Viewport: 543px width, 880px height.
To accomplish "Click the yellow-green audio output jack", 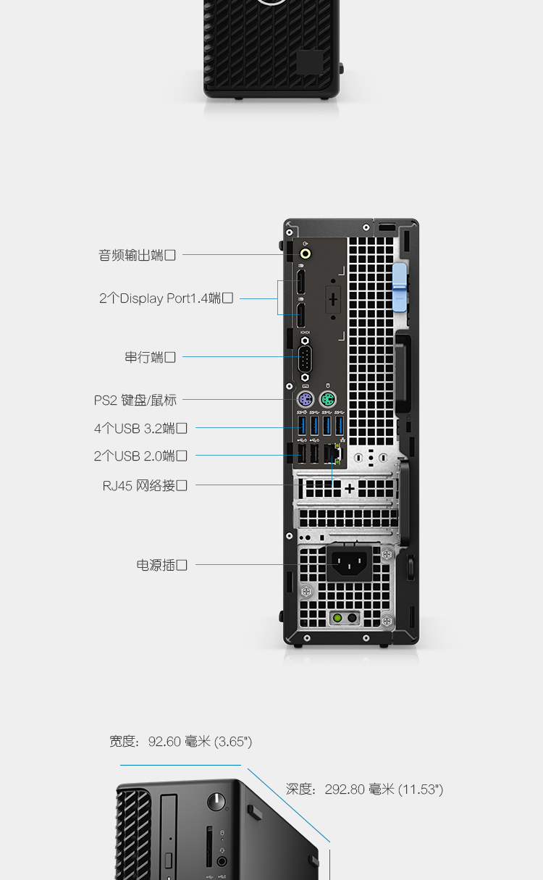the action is point(306,253).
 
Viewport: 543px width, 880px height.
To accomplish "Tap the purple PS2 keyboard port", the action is point(306,400).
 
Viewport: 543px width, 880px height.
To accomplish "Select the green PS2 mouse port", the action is point(328,400).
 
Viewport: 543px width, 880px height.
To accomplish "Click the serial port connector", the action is point(305,359).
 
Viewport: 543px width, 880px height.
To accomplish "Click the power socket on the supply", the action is point(349,563).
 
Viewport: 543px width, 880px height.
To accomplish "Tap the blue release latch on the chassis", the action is point(400,288).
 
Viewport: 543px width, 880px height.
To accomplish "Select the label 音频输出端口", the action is point(137,256).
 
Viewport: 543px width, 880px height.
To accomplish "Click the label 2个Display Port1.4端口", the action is point(166,298).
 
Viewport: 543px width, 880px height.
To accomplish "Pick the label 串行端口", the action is point(150,357).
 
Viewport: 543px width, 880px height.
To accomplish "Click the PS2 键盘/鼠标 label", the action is point(135,400).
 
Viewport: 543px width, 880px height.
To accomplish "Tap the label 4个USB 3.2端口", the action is point(140,428).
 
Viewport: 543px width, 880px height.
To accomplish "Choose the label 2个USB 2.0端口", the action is point(140,456).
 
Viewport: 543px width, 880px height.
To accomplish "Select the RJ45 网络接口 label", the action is point(145,485).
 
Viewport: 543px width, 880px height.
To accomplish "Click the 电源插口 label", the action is point(161,565).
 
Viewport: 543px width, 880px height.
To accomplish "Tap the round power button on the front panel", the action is point(216,802).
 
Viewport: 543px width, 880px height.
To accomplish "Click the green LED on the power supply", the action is point(337,618).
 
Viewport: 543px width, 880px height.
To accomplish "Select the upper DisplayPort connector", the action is point(300,282).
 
